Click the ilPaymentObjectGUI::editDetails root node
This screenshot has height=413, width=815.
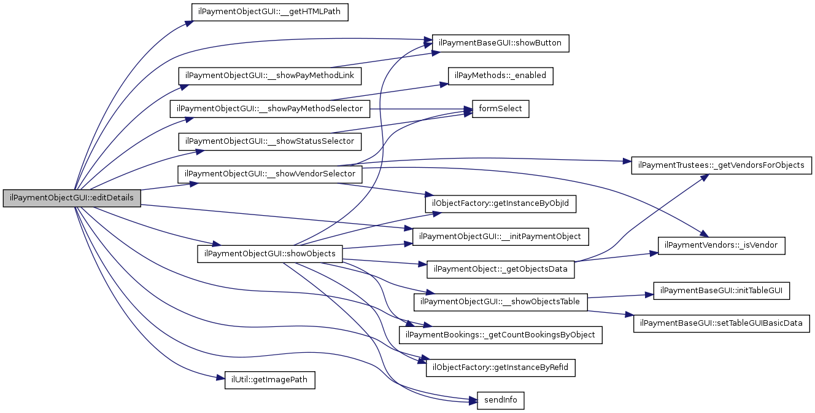(x=72, y=199)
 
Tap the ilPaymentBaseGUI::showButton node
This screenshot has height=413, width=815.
(x=501, y=44)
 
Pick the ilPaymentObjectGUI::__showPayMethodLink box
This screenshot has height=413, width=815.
(x=270, y=76)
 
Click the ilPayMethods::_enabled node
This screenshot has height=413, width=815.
(x=501, y=76)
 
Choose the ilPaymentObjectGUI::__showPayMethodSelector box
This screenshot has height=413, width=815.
(x=270, y=109)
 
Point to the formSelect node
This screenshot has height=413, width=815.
(x=500, y=109)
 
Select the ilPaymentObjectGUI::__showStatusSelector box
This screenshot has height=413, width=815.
(x=269, y=141)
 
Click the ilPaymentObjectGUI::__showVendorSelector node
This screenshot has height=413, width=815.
(x=270, y=174)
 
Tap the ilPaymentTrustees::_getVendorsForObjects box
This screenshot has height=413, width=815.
(x=722, y=165)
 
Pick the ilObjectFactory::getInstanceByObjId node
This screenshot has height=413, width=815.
(x=501, y=203)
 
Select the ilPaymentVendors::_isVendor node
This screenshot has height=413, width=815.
(x=722, y=245)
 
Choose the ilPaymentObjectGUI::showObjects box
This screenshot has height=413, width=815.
(x=269, y=254)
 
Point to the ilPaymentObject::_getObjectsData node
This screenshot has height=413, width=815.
(x=501, y=269)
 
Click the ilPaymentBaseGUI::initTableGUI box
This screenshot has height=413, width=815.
(x=721, y=291)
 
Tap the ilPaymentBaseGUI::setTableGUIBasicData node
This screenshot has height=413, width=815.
(x=721, y=323)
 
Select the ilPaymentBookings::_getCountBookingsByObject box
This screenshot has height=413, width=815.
(x=501, y=335)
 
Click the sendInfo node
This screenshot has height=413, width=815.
(x=500, y=400)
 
